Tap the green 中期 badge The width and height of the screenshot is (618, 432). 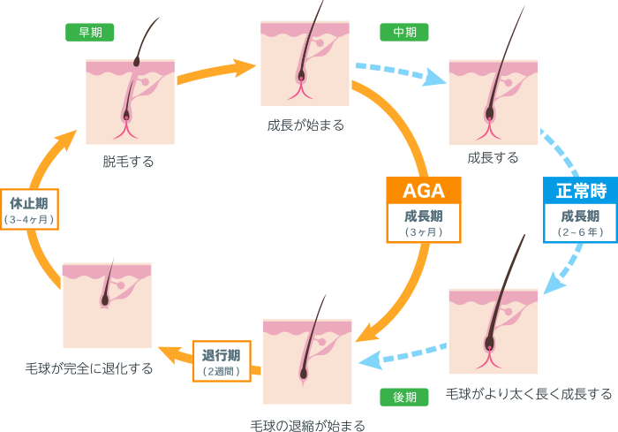click(x=403, y=32)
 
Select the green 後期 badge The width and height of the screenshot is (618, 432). click(x=403, y=397)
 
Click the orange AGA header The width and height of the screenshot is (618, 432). click(x=423, y=190)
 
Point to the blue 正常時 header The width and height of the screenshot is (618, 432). click(x=579, y=190)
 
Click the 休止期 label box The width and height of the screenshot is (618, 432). click(x=29, y=209)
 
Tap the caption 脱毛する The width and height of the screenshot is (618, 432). click(x=128, y=162)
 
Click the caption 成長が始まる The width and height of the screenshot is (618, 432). click(x=305, y=125)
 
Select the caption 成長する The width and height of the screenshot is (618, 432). click(x=493, y=158)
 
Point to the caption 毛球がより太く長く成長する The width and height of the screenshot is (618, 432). click(x=528, y=393)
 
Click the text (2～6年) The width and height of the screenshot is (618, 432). click(x=580, y=231)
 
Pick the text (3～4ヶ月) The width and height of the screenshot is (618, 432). click(x=29, y=218)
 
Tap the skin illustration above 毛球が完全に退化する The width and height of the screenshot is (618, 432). click(x=107, y=305)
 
